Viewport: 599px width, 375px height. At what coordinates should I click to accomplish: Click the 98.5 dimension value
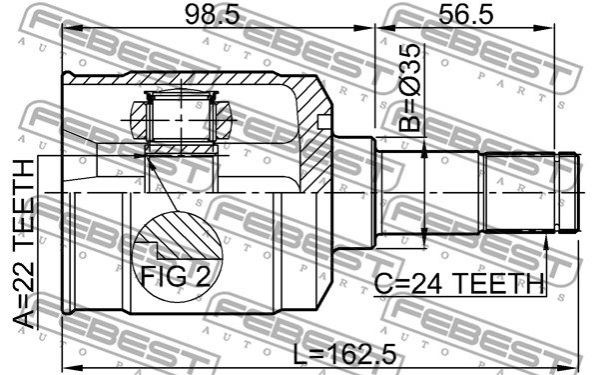point(212,15)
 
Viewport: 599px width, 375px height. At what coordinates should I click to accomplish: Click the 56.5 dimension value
point(465,15)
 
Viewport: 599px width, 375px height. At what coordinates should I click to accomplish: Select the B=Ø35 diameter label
point(409,88)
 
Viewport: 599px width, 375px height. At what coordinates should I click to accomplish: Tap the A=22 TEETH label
point(24,244)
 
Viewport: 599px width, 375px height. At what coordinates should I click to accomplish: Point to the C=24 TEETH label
point(458,284)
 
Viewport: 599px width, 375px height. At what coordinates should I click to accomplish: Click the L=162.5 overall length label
point(344,355)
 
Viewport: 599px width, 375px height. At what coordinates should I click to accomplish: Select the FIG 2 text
point(176,276)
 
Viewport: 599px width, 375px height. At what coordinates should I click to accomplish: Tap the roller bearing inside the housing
point(181,119)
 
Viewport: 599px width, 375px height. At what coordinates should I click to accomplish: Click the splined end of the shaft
point(531,192)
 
